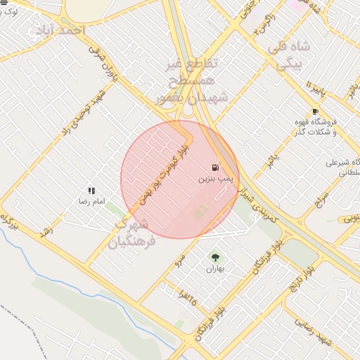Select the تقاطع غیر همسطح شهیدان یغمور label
point(191,82)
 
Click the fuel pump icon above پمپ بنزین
point(214,167)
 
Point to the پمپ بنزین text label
point(212,180)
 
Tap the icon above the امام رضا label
point(91,191)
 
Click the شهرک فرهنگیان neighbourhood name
point(129,234)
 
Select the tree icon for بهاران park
point(215,257)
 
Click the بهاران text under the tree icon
point(214,269)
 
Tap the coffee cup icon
point(315,111)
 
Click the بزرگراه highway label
point(9,221)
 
